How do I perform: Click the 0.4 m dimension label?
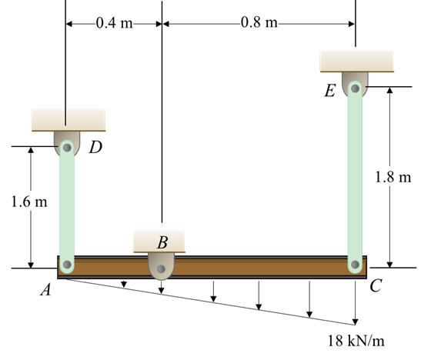115,23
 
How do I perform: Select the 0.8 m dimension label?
259,22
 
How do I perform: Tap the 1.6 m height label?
29,202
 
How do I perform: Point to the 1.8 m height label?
393,177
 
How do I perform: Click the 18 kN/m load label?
356,341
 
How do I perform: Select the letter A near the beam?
45,290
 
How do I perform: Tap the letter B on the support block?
162,242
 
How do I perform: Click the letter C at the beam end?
376,285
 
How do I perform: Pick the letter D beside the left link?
96,147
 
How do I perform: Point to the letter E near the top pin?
330,91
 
